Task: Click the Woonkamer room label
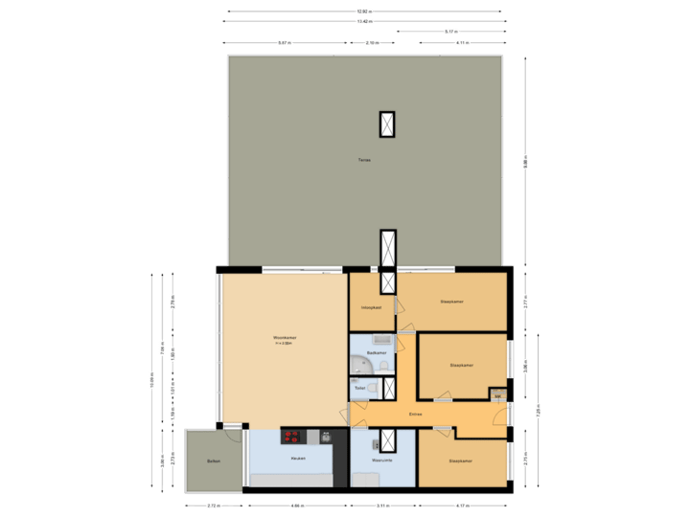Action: (x=285, y=338)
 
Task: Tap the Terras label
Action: (x=363, y=160)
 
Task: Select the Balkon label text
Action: (x=213, y=461)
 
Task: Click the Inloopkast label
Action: (x=372, y=307)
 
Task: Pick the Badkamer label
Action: (x=377, y=353)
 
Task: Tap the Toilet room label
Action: (x=359, y=388)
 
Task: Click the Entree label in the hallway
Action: (x=416, y=415)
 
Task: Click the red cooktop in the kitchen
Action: (x=291, y=437)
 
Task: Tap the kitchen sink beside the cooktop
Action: (x=312, y=438)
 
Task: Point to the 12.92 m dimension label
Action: (x=364, y=11)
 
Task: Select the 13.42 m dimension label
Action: (x=364, y=21)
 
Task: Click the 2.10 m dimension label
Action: (x=373, y=43)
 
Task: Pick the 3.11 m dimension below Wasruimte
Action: (x=382, y=505)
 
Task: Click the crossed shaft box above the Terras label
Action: (x=387, y=124)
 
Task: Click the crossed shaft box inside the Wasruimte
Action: (x=388, y=439)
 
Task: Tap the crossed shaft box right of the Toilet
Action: (x=389, y=389)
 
